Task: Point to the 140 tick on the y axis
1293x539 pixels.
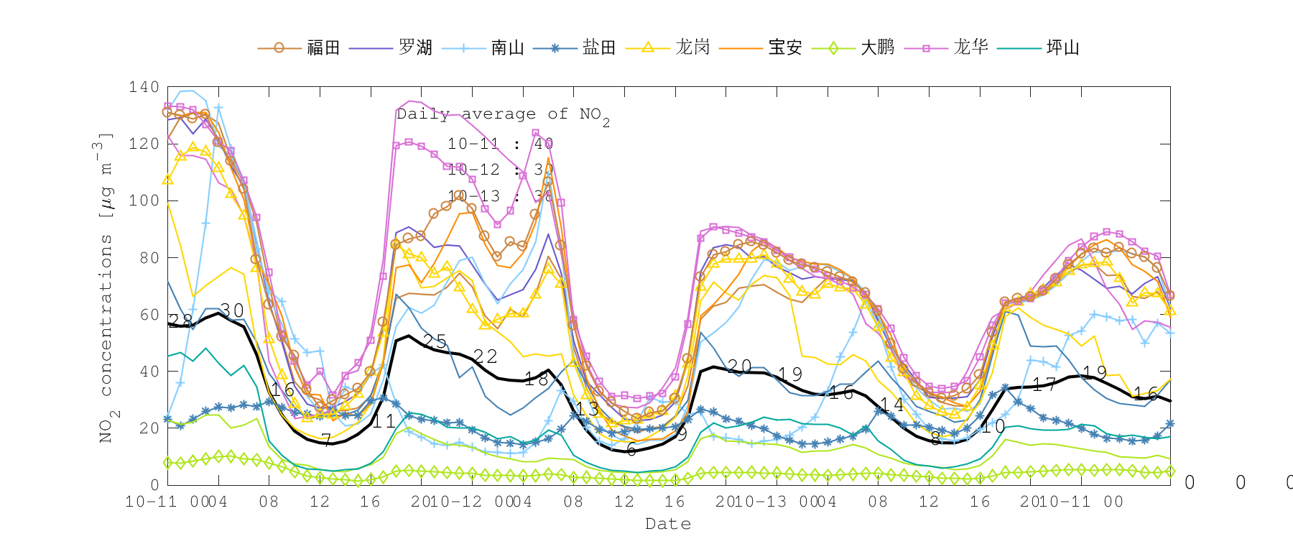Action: tap(144, 87)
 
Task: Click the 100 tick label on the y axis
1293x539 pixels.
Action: tap(144, 201)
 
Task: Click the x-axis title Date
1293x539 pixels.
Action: tap(668, 524)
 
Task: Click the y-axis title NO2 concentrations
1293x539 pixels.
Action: tap(106, 287)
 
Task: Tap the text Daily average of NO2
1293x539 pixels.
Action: tap(503, 115)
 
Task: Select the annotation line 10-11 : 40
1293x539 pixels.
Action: tap(500, 144)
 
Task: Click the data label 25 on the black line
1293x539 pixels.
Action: tap(435, 341)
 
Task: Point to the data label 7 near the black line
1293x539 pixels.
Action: tap(326, 440)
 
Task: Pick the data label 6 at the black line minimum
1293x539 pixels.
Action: tap(631, 450)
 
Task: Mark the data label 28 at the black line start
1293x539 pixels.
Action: tap(180, 321)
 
